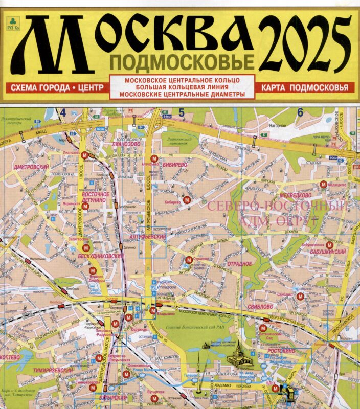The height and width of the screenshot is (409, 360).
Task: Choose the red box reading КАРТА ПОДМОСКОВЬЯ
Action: [x=304, y=87]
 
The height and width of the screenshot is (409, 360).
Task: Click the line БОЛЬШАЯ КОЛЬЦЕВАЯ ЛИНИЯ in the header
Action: [x=182, y=87]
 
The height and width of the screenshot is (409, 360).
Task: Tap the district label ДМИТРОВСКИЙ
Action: [x=32, y=167]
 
